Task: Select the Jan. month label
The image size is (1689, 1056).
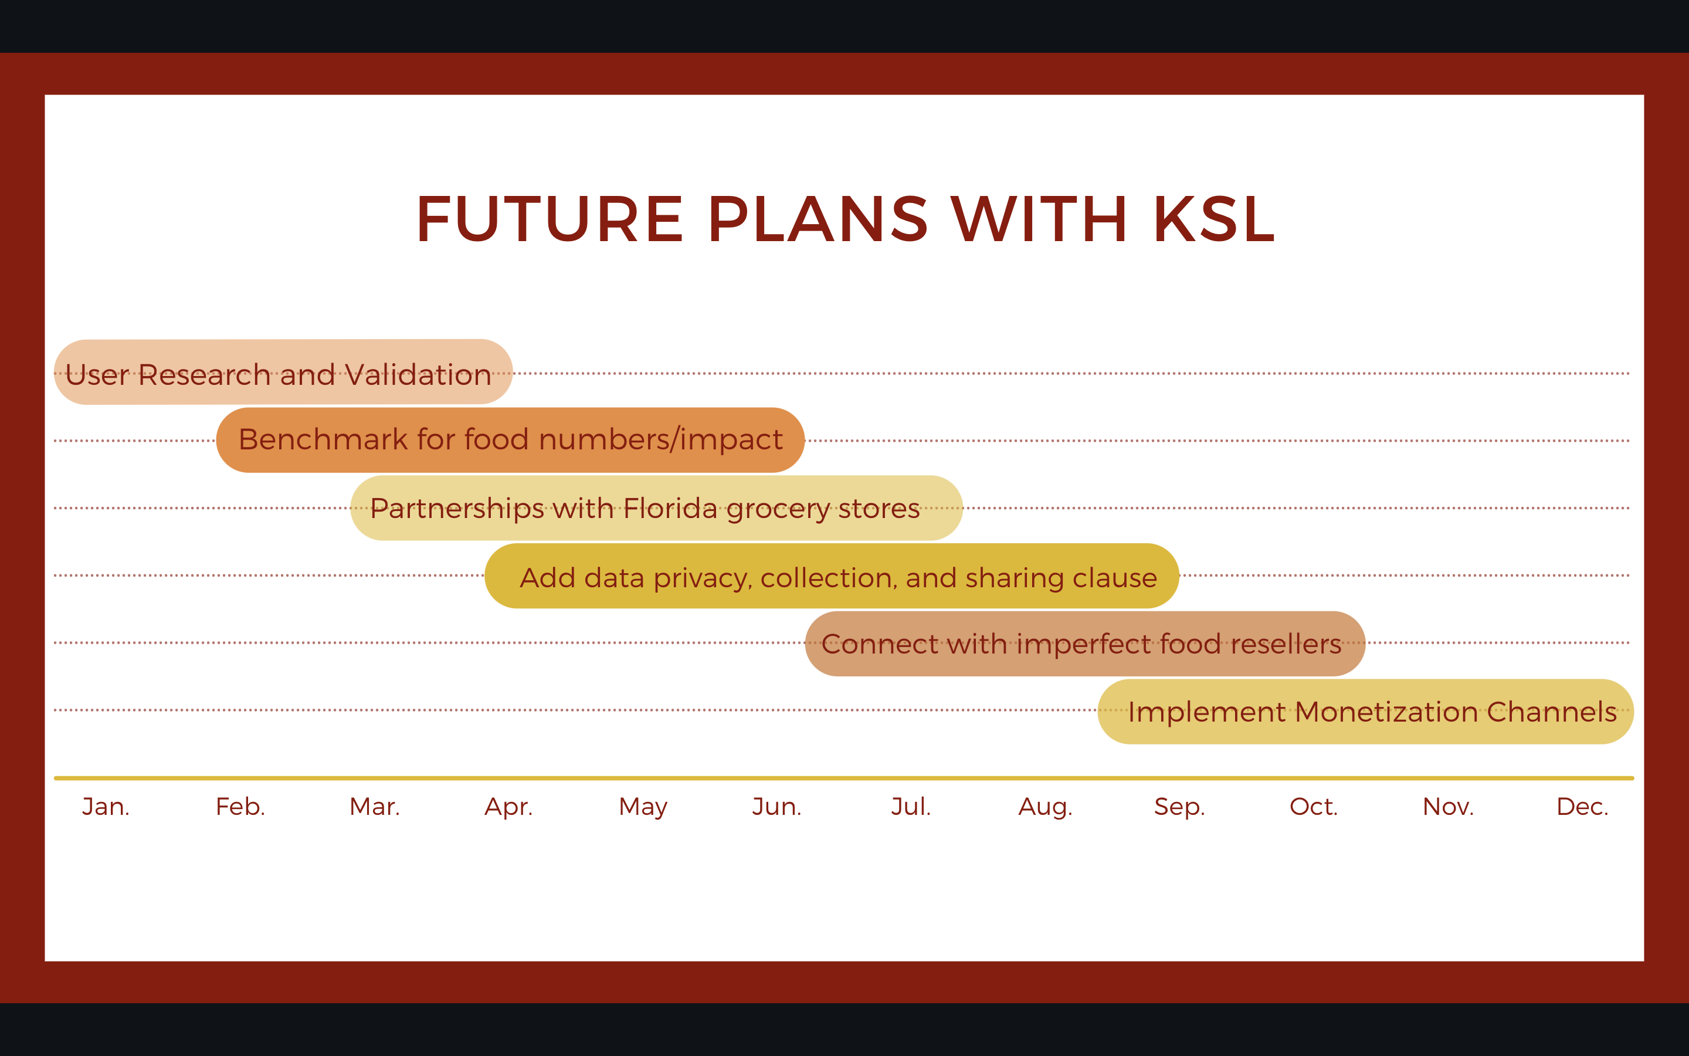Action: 106,807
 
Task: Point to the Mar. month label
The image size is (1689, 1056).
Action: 375,807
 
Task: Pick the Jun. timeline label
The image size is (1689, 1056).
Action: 777,807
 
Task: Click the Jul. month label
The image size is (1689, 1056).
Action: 911,807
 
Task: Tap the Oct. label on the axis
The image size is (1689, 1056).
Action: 1314,807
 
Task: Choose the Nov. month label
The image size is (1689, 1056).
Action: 1448,807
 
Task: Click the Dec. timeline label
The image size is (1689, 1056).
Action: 1582,807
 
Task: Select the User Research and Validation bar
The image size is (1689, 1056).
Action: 283,371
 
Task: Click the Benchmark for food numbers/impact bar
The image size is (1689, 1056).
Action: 510,440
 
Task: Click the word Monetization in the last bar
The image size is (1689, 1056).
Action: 1387,712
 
